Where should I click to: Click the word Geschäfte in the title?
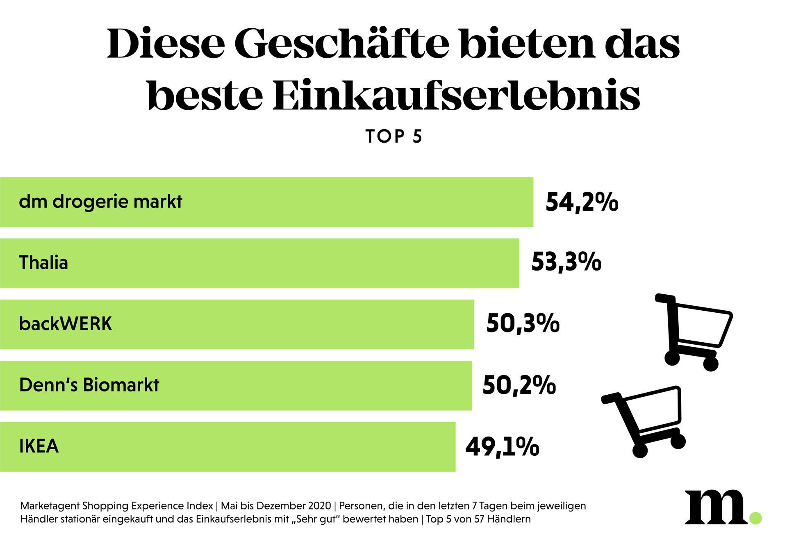pyautogui.click(x=342, y=44)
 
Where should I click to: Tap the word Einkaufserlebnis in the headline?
pyautogui.click(x=456, y=96)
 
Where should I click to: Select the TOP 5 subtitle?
pyautogui.click(x=393, y=136)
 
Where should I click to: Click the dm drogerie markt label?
pyautogui.click(x=100, y=202)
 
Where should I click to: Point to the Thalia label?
pyautogui.click(x=43, y=263)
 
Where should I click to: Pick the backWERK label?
pyautogui.click(x=66, y=324)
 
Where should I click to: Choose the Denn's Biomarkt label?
pyautogui.click(x=89, y=385)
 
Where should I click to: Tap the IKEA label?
pyautogui.click(x=39, y=446)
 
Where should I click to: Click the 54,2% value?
pyautogui.click(x=582, y=202)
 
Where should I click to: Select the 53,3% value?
pyautogui.click(x=566, y=262)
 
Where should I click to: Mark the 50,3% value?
pyautogui.click(x=523, y=323)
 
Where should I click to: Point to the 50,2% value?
pyautogui.click(x=519, y=385)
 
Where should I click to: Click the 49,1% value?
pyautogui.click(x=502, y=447)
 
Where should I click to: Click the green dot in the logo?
pyautogui.click(x=755, y=518)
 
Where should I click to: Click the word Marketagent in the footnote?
pyautogui.click(x=50, y=506)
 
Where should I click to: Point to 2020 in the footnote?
pyautogui.click(x=319, y=506)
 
